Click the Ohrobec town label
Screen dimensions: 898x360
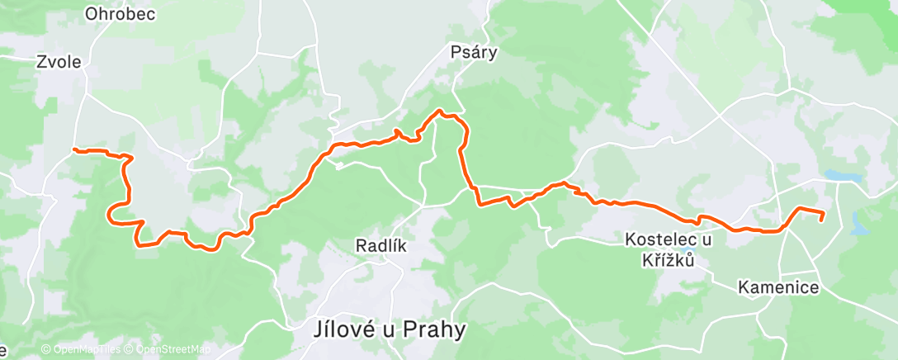(120, 14)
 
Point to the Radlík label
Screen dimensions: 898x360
(380, 245)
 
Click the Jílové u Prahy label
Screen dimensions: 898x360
(390, 329)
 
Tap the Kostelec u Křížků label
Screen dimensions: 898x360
(668, 249)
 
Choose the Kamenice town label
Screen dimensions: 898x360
(778, 287)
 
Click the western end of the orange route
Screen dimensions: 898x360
(74, 149)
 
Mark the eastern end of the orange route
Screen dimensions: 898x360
(823, 220)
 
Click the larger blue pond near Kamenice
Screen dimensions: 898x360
(842, 177)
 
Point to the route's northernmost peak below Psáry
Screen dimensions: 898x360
(441, 111)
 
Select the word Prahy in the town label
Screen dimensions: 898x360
(433, 329)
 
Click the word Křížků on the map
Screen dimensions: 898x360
(668, 260)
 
